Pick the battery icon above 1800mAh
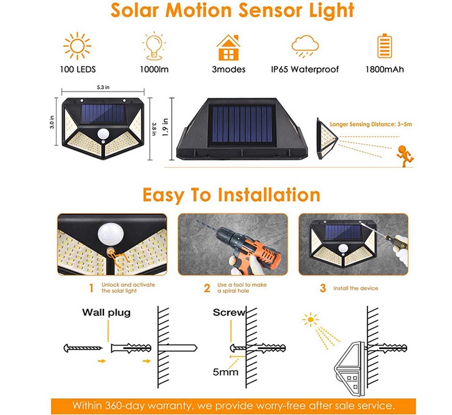coord(384,46)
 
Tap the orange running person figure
coord(405,153)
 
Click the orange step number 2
coord(207,288)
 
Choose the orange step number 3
coord(323,288)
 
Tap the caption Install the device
coord(357,289)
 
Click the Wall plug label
coord(107,312)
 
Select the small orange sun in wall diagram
coord(310,320)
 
